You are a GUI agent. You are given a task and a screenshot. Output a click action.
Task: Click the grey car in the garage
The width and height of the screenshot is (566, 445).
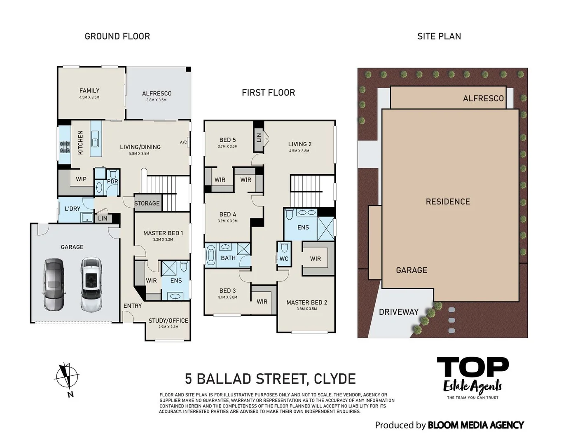(x=53, y=284)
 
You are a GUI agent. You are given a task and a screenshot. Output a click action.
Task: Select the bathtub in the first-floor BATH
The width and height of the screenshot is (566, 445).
(x=211, y=255)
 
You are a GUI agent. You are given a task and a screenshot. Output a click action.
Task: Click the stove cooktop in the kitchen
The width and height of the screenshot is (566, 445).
(x=65, y=147)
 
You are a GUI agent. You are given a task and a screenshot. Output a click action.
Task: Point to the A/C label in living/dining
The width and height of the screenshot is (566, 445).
(x=183, y=143)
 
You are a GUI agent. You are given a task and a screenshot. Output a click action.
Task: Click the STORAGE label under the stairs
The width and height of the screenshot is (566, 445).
(x=147, y=203)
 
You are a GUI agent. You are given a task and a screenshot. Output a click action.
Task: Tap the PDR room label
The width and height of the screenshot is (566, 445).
(x=112, y=181)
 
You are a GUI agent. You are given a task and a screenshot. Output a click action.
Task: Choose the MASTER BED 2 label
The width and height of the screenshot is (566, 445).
(x=306, y=302)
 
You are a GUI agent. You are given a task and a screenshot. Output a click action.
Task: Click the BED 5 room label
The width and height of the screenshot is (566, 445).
(x=227, y=140)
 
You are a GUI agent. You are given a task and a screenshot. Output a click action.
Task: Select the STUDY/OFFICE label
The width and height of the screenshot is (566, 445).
(x=168, y=321)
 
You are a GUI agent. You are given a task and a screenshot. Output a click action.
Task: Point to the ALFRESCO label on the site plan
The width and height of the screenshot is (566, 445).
(x=483, y=98)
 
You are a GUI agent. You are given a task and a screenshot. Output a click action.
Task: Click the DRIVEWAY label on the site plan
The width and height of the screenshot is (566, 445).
(x=398, y=312)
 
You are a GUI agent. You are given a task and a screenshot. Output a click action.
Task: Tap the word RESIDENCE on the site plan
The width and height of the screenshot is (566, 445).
(x=448, y=201)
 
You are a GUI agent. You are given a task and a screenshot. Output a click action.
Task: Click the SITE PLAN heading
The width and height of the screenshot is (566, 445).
(x=439, y=36)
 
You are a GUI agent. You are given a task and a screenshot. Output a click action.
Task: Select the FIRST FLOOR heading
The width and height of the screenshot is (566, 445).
(x=268, y=93)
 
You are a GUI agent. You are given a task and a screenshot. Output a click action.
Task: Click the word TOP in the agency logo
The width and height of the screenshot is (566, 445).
(x=472, y=368)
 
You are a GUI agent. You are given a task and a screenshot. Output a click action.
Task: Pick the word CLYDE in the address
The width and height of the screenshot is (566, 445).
(x=334, y=379)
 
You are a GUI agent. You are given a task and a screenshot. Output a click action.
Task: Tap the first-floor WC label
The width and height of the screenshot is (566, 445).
(x=284, y=259)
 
